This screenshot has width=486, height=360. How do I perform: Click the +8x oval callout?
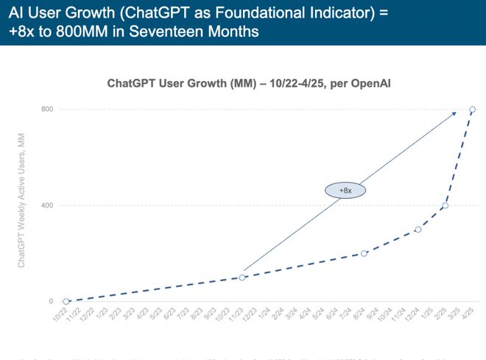[x=346, y=190]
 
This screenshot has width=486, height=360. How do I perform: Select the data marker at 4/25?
[x=472, y=110]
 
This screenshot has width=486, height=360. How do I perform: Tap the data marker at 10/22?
[x=66, y=301]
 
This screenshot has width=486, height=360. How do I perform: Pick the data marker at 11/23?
[x=242, y=278]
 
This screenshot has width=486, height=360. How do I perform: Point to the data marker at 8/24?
[x=364, y=253]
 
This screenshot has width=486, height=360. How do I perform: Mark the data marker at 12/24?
[x=418, y=229]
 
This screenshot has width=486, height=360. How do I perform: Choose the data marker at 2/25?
[x=445, y=205]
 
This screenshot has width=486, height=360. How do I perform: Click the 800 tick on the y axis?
[x=46, y=110]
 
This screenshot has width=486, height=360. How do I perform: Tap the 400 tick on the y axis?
[x=46, y=205]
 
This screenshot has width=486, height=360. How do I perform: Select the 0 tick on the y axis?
[x=50, y=301]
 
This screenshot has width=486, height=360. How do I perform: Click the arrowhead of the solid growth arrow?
[x=454, y=113]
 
